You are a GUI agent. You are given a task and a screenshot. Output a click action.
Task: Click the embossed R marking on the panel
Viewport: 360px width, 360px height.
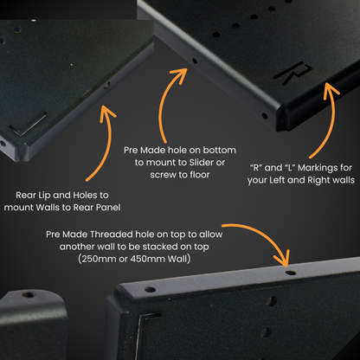click(292, 74)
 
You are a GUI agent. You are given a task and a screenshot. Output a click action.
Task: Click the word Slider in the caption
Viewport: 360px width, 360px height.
click(201, 163)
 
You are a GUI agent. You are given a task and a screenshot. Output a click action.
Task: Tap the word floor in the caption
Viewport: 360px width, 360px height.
click(200, 175)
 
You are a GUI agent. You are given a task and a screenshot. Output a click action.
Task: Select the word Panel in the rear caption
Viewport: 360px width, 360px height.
click(108, 208)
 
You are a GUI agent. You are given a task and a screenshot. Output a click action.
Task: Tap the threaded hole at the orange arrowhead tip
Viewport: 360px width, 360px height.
click(291, 273)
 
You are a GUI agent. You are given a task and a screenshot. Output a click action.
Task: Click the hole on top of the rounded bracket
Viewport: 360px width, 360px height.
click(29, 295)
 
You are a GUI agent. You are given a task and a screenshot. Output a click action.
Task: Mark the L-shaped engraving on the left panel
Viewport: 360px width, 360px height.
click(29, 125)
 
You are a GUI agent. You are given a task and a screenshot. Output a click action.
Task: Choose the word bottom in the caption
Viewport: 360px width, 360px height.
click(220, 150)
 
